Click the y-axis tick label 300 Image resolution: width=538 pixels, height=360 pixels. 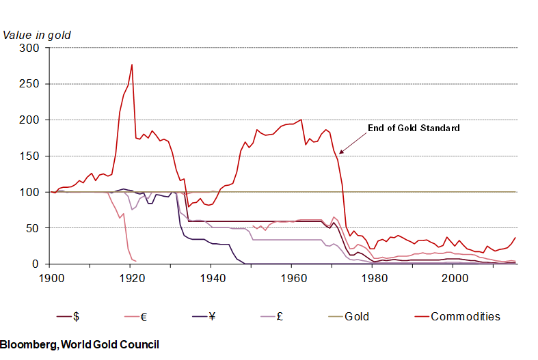(31, 48)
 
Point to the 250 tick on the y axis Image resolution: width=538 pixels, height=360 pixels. (31, 84)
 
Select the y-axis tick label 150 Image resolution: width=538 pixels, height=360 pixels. (31, 156)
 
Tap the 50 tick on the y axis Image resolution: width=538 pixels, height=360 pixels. (33, 228)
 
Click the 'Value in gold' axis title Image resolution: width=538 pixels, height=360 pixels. (37, 34)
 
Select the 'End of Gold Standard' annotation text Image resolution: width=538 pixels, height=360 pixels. (414, 128)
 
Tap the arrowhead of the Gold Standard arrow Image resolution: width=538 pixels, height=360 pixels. (341, 152)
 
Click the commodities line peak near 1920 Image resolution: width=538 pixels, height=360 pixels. (131, 65)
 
